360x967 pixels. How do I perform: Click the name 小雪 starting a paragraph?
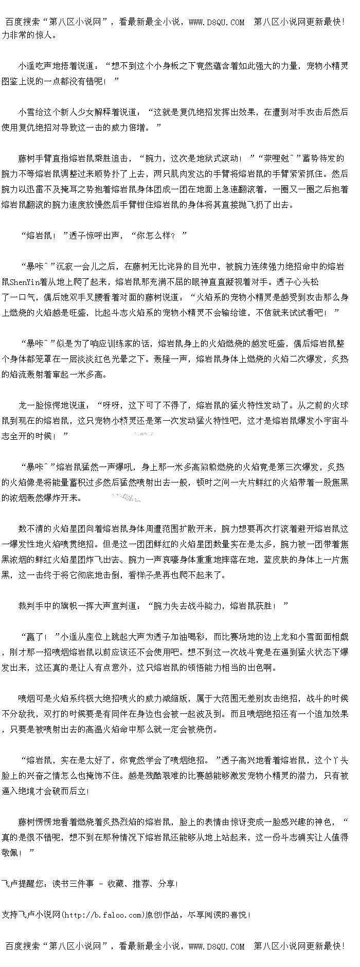[27, 112]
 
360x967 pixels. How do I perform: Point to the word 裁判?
[27, 606]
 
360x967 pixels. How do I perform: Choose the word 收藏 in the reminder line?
[116, 884]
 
